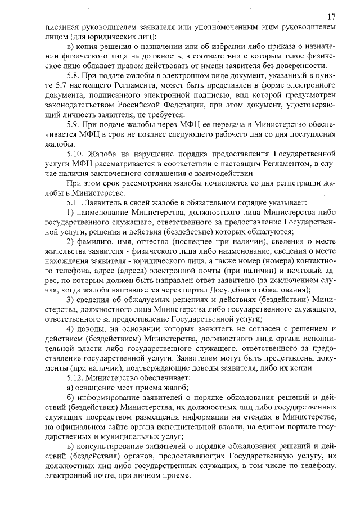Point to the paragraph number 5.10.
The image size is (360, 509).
point(76,153)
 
